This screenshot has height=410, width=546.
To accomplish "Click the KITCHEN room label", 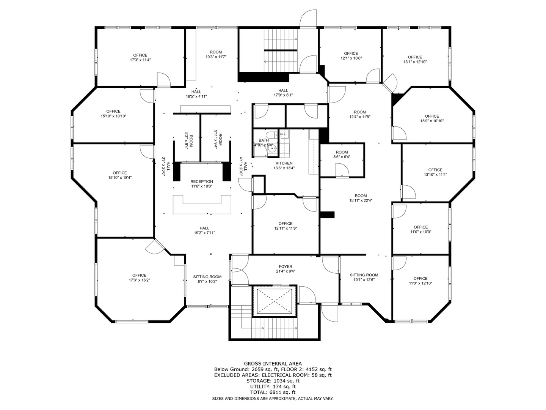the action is tap(284, 163).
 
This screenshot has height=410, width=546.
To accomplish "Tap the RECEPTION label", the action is tap(201, 181).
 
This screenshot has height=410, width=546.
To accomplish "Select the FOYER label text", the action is tap(285, 266).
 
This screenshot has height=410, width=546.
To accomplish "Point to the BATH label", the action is tap(264, 140).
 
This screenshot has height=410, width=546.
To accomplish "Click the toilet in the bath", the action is tap(271, 135).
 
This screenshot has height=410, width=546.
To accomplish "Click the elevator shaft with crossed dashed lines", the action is tap(275, 301).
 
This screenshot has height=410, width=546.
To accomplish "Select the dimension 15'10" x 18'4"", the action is tap(120, 178).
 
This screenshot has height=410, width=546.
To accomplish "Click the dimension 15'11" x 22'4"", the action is tap(361, 200).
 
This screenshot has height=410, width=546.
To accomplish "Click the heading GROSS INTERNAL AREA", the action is tap(273, 364).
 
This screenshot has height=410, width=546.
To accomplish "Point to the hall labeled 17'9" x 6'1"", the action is tap(283, 93).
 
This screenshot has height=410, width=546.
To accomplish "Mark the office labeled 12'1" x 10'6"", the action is tap(351, 56).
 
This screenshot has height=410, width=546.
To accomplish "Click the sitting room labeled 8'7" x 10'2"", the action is tap(207, 279).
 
